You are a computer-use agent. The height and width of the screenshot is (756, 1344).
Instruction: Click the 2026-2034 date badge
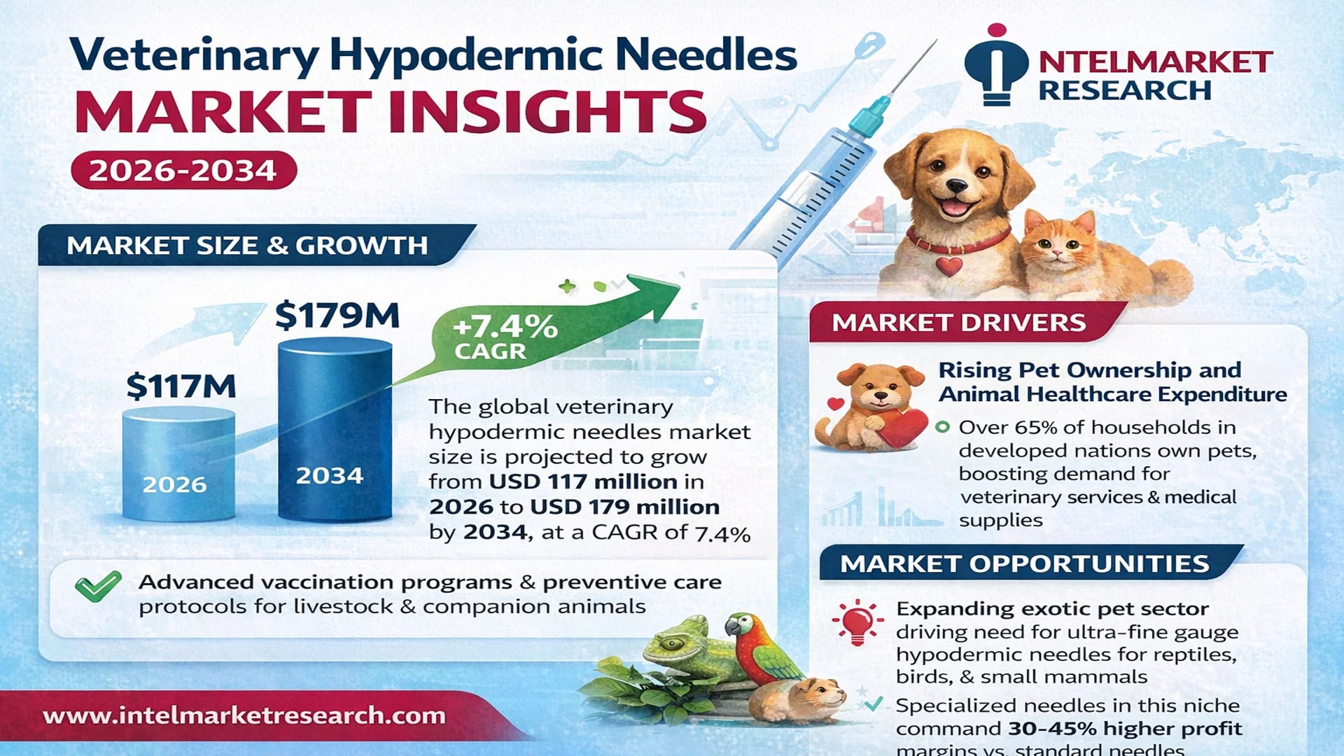(184, 170)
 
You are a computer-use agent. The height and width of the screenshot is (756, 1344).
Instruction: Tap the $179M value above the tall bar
(337, 315)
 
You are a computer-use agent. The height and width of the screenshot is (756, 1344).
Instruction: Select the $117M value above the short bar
(181, 386)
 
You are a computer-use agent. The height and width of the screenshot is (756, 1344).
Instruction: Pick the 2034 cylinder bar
(335, 430)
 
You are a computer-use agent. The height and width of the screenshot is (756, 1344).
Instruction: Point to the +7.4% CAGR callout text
(505, 337)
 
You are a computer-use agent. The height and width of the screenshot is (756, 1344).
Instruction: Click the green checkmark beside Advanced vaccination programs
(98, 587)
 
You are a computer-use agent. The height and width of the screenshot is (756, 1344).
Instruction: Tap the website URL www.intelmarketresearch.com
(244, 715)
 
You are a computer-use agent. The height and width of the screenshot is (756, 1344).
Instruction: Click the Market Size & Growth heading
(247, 245)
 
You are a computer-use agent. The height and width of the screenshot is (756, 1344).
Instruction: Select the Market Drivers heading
(958, 322)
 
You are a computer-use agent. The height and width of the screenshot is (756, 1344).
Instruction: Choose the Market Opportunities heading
(1024, 563)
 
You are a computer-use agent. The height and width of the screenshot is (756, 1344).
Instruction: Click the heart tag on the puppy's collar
(948, 266)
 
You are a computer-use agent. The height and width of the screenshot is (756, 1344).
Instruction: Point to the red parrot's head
(743, 626)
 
